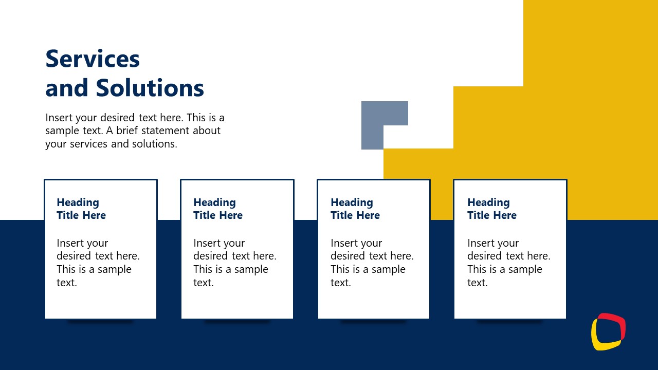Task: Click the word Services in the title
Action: [93, 59]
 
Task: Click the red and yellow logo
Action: [608, 331]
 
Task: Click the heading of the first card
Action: [81, 209]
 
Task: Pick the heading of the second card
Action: [218, 209]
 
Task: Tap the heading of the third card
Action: [355, 209]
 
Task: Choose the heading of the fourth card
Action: [492, 209]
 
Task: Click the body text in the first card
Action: [98, 263]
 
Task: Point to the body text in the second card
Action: [234, 263]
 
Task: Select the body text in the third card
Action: [372, 263]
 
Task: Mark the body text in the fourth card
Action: [508, 263]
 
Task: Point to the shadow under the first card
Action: [100, 322]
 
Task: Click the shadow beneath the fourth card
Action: [509, 322]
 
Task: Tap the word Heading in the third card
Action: [352, 202]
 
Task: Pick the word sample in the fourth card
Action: [525, 269]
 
